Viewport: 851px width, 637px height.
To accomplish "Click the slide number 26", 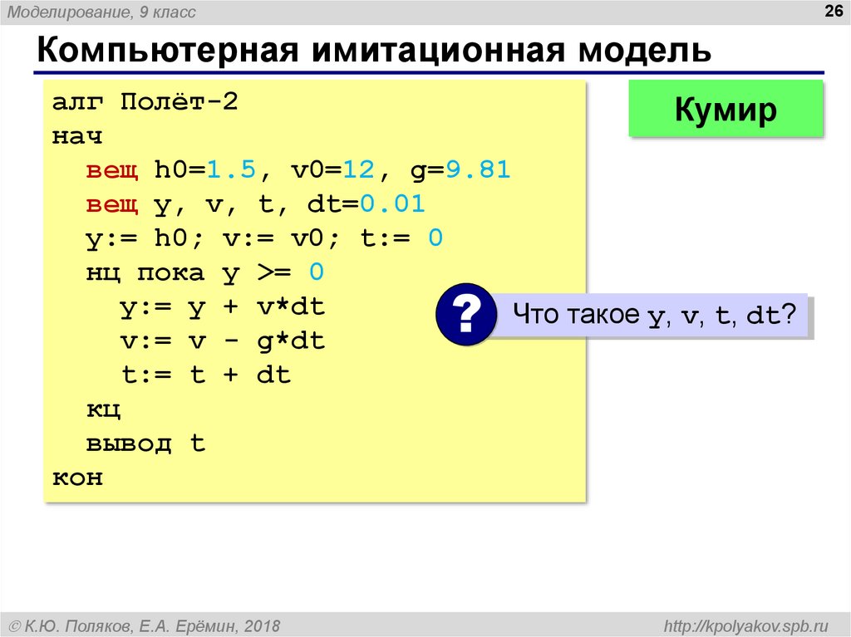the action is click(x=833, y=11).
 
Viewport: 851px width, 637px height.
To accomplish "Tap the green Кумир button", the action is click(x=726, y=109).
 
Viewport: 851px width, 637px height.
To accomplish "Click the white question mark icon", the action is click(x=466, y=314).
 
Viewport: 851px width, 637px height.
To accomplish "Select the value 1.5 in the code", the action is click(x=231, y=169).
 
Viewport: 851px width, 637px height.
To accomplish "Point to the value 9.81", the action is click(x=478, y=169).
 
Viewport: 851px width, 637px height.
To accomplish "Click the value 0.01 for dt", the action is click(x=392, y=204).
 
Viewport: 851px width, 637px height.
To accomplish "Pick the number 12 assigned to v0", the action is click(x=359, y=169).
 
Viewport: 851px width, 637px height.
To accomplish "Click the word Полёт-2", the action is click(x=180, y=101).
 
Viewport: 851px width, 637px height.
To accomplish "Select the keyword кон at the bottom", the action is click(x=77, y=478).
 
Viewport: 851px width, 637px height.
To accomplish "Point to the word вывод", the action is click(x=129, y=443).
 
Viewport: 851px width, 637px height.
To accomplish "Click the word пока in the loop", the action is click(x=171, y=273).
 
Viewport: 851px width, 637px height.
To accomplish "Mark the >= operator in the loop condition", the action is click(x=274, y=272).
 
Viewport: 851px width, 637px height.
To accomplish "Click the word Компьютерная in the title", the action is click(x=168, y=51).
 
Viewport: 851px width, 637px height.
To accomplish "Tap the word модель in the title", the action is click(x=644, y=51).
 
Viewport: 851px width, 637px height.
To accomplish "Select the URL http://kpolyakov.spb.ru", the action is click(x=745, y=626).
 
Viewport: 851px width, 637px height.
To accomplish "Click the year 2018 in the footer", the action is click(x=262, y=626).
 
